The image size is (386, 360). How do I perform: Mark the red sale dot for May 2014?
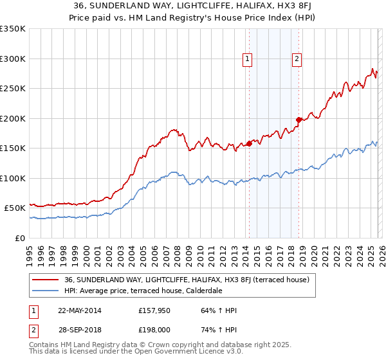coord(249,143)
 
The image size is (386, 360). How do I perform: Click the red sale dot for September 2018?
coord(299,120)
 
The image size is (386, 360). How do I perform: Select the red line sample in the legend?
coord(46,280)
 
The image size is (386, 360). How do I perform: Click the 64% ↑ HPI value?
coord(219,310)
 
